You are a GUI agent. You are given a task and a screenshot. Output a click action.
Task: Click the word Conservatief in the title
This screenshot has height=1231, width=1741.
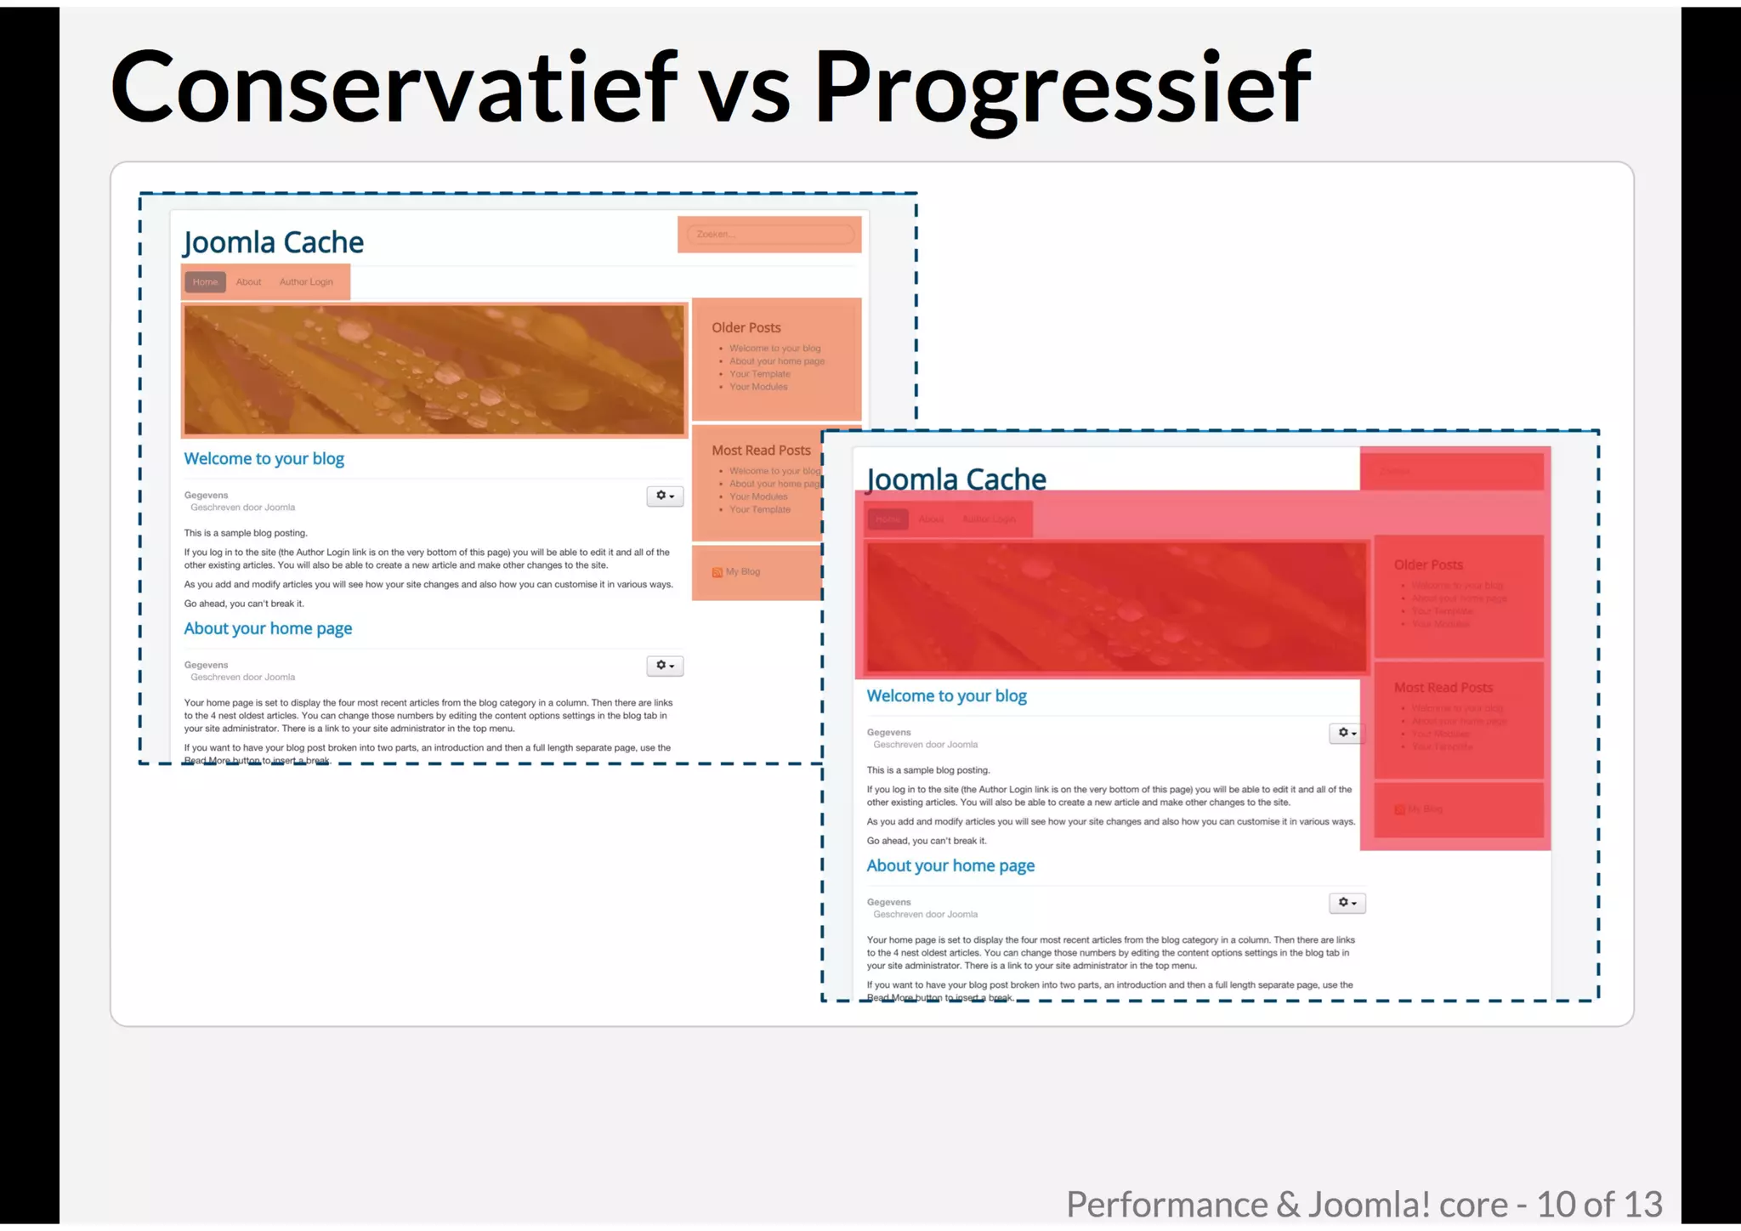394,88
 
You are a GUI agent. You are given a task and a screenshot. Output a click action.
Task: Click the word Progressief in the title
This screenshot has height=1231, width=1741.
1063,88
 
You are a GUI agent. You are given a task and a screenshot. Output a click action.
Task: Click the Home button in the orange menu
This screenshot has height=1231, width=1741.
205,282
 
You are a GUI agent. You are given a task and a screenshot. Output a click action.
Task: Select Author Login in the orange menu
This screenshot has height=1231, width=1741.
306,282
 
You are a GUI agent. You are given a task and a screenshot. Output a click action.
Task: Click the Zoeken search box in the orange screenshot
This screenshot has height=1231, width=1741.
769,235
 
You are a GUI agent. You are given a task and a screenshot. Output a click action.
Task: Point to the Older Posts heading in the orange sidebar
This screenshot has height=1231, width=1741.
746,328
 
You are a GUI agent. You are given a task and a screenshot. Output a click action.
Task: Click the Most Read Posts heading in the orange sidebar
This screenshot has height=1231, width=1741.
761,451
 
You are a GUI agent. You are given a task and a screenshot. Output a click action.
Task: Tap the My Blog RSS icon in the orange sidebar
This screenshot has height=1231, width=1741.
717,573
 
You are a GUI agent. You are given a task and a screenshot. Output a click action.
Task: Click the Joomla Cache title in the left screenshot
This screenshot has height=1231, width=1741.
273,243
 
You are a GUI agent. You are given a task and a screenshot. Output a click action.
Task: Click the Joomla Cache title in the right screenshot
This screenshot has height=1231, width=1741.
956,479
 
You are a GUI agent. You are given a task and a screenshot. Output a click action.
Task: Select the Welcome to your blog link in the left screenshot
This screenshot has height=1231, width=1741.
264,459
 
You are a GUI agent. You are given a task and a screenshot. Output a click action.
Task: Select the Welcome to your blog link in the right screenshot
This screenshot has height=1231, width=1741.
946,696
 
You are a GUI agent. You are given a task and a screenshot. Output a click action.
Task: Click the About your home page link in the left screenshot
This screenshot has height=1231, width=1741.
268,629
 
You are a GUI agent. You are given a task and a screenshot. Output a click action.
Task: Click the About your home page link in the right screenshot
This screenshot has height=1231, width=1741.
950,866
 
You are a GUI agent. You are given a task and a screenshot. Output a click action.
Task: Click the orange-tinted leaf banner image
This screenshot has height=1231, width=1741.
434,370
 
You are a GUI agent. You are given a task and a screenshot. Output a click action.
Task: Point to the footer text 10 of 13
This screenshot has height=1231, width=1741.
1598,1205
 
